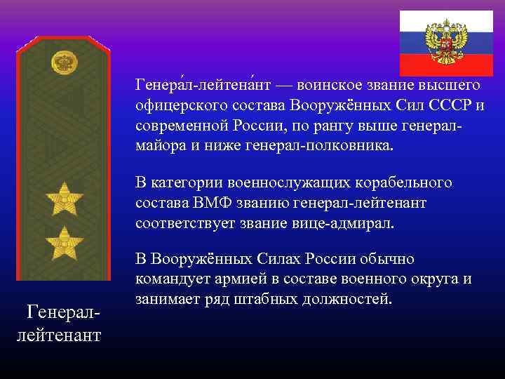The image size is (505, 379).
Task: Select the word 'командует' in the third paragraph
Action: (168, 280)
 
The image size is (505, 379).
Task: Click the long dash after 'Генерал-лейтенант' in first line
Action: (285, 86)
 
